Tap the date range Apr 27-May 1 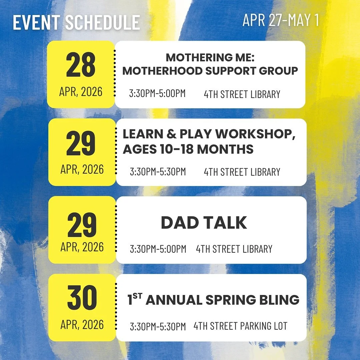pyautogui.click(x=281, y=20)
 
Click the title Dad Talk pyautogui.click(x=204, y=223)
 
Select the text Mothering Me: pyautogui.click(x=210, y=58)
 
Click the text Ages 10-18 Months pyautogui.click(x=188, y=149)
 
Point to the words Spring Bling pyautogui.click(x=252, y=300)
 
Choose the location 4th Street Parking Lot pyautogui.click(x=240, y=326)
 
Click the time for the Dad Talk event pyautogui.click(x=158, y=249)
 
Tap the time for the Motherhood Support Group pyautogui.click(x=157, y=94)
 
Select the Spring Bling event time pyautogui.click(x=158, y=327)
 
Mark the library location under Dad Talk pyautogui.click(x=234, y=249)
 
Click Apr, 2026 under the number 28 pyautogui.click(x=81, y=92)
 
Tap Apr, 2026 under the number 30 pyautogui.click(x=82, y=325)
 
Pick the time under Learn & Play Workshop pyautogui.click(x=158, y=172)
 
